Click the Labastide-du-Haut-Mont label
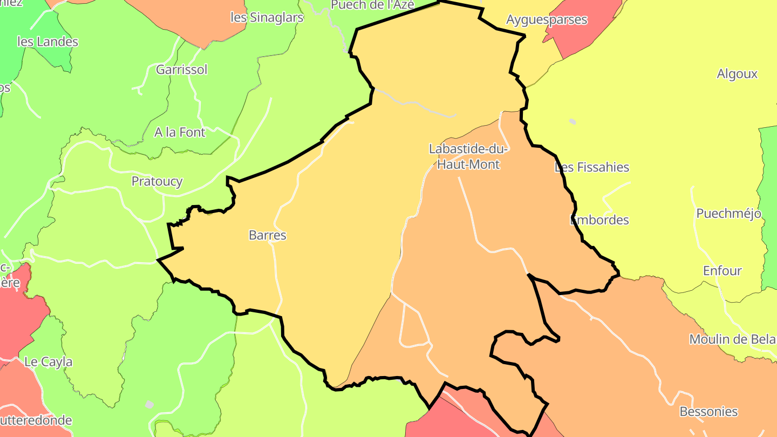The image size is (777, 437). pyautogui.click(x=468, y=156)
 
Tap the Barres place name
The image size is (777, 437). pyautogui.click(x=268, y=235)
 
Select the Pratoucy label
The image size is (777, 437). pyautogui.click(x=157, y=181)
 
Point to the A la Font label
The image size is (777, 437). pyautogui.click(x=180, y=132)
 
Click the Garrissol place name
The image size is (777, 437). pyautogui.click(x=181, y=70)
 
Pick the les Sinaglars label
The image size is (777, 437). pyautogui.click(x=267, y=17)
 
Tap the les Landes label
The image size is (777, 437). pyautogui.click(x=47, y=42)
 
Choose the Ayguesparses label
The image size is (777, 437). pyautogui.click(x=547, y=20)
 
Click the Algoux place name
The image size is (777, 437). pyautogui.click(x=737, y=74)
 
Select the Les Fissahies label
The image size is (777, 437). pyautogui.click(x=592, y=167)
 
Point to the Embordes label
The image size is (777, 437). pyautogui.click(x=599, y=220)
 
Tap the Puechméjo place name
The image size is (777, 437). pyautogui.click(x=728, y=214)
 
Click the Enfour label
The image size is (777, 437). pyautogui.click(x=723, y=271)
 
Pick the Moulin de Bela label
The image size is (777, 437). pyautogui.click(x=732, y=339)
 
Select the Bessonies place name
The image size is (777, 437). pyautogui.click(x=708, y=412)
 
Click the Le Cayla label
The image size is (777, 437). pyautogui.click(x=49, y=361)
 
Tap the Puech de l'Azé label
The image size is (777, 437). pyautogui.click(x=372, y=5)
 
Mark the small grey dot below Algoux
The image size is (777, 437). pyautogui.click(x=572, y=121)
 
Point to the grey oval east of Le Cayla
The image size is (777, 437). pyautogui.click(x=149, y=404)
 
